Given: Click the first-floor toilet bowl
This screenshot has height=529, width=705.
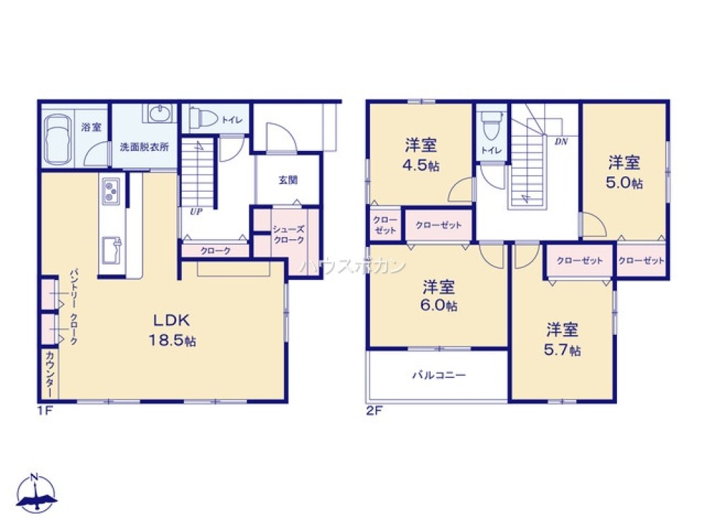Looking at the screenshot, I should coord(204,118).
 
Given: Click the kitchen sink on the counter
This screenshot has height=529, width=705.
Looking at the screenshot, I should coord(111,248).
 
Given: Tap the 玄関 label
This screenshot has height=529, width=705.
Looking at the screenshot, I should coord(288,180).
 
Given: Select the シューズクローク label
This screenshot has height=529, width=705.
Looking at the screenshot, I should coord(289,235).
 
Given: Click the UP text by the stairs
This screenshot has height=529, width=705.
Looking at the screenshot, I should coord(192,210).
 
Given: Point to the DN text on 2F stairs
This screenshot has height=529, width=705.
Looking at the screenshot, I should coord(561,142).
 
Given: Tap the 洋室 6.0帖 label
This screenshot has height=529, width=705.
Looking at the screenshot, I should coord(439,296).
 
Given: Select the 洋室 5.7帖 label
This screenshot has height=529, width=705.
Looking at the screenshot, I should coord(562,339).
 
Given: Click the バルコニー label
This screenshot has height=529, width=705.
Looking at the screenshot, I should coord(439,375).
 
